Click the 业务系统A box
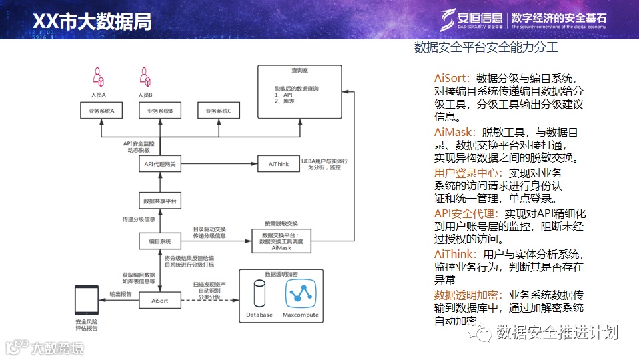(x=102, y=111)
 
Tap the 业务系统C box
(x=218, y=111)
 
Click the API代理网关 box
(x=160, y=163)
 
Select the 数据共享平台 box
(x=160, y=201)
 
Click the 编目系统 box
(x=160, y=241)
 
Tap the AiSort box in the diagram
(x=160, y=301)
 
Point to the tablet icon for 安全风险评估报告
(x=86, y=301)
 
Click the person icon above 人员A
(x=99, y=77)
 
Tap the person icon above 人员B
(x=145, y=77)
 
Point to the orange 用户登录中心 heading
(x=464, y=173)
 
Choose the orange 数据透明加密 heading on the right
(x=469, y=294)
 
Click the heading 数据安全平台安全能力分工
(x=486, y=48)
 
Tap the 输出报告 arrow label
(x=121, y=293)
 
